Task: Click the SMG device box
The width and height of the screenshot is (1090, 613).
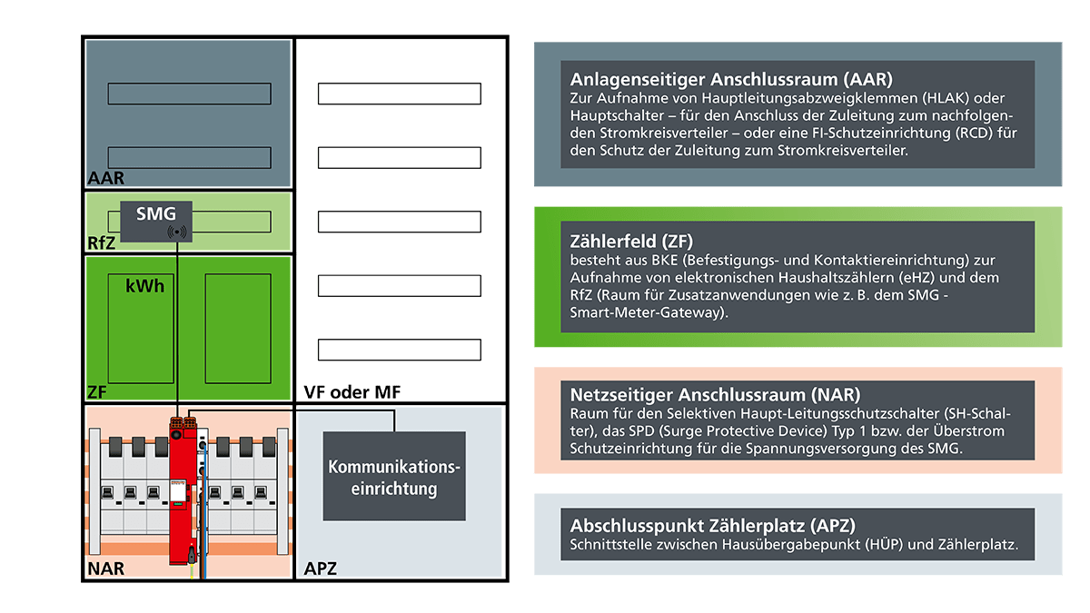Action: coord(155,221)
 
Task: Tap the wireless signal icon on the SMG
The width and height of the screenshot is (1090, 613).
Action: coord(176,232)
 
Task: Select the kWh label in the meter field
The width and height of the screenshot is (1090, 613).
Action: coord(145,286)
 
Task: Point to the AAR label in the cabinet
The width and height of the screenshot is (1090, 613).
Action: coord(106,178)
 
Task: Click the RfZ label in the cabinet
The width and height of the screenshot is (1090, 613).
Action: coord(102,242)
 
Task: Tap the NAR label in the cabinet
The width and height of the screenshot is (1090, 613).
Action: coord(106,569)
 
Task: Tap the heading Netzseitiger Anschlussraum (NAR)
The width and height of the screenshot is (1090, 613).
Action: coord(715,395)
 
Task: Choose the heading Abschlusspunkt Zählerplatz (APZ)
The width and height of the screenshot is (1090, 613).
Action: coord(713,525)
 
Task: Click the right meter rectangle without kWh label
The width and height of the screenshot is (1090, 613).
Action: coord(238,328)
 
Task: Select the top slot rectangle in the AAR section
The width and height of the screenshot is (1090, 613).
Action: coord(189,93)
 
